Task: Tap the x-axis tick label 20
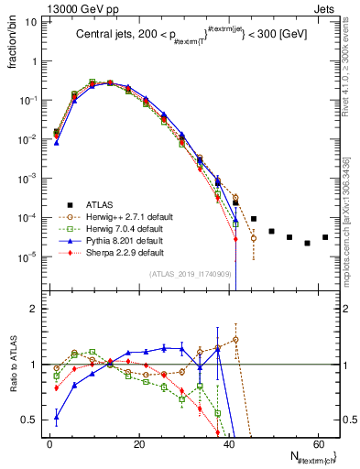point(139,442)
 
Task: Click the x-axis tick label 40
point(228,442)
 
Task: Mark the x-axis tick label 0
point(50,442)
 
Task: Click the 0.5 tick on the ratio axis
point(34,420)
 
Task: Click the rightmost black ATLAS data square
point(325,263)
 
